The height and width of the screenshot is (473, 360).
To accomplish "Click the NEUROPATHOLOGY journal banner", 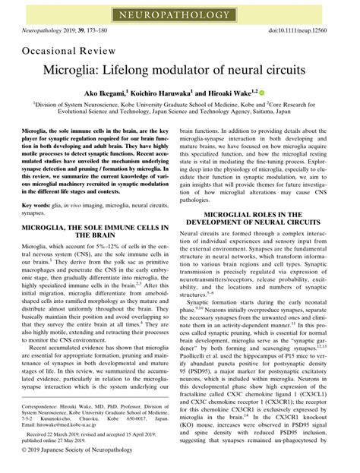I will [x=180, y=14].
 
